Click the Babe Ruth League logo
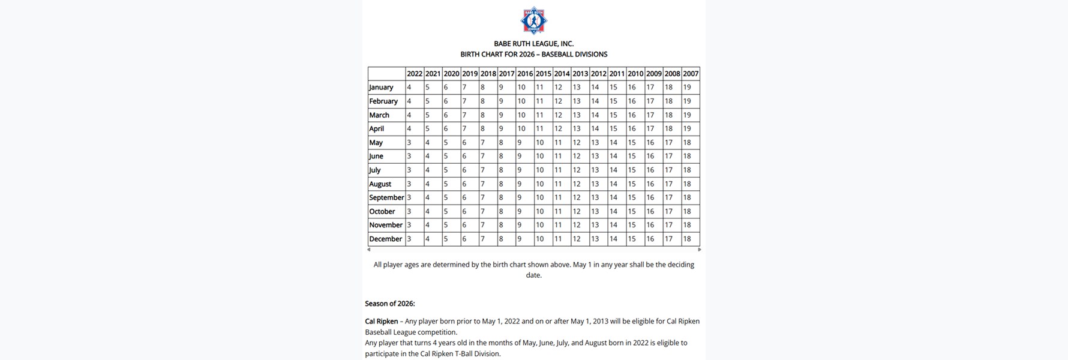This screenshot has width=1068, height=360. (533, 20)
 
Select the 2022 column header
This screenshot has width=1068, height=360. (414, 74)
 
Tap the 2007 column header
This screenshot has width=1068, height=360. (691, 74)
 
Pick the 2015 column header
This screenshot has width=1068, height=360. (543, 74)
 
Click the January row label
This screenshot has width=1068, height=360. (382, 88)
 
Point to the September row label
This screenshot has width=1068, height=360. (386, 197)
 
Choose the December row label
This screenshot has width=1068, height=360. (385, 239)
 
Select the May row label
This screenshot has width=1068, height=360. (376, 143)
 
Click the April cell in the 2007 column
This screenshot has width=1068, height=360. (691, 128)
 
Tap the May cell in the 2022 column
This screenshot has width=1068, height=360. (414, 143)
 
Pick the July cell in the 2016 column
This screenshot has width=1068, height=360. (524, 170)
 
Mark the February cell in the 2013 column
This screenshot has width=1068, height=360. (580, 101)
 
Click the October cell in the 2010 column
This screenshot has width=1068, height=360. (635, 211)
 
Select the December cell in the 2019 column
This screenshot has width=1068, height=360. (469, 239)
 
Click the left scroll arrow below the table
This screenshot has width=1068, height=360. (368, 250)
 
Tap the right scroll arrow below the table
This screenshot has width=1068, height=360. (699, 250)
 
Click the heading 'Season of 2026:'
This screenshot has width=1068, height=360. (390, 304)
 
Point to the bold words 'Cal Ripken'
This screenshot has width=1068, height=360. (382, 322)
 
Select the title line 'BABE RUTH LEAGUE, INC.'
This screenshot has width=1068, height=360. (533, 44)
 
